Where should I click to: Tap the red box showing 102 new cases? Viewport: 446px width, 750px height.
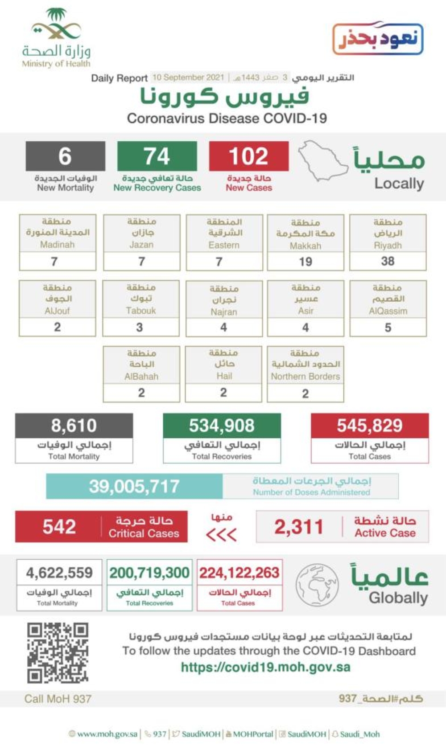click(248, 156)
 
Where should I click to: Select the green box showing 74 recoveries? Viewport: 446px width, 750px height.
click(157, 156)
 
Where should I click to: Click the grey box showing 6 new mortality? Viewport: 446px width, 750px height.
click(65, 156)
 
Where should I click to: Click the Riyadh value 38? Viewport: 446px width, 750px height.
click(388, 261)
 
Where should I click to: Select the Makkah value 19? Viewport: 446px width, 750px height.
click(306, 262)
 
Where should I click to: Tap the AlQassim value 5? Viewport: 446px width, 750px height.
click(388, 328)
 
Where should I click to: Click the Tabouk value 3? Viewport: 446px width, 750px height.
click(140, 328)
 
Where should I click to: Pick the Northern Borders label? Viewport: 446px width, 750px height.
click(306, 377)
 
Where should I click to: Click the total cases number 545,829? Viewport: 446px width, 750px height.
click(370, 426)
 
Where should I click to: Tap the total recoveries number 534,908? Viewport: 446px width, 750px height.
click(222, 426)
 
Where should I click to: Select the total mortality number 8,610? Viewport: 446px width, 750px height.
click(74, 426)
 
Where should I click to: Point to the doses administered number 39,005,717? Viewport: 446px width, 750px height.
click(134, 486)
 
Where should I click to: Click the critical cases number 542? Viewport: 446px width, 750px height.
click(59, 527)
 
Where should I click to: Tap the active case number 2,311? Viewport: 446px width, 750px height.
click(298, 527)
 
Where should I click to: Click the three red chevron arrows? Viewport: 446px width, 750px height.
click(221, 534)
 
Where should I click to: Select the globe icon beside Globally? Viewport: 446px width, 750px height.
click(317, 585)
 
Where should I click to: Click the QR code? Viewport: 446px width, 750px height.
click(58, 653)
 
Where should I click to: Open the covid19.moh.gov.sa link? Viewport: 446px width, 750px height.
click(265, 667)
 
